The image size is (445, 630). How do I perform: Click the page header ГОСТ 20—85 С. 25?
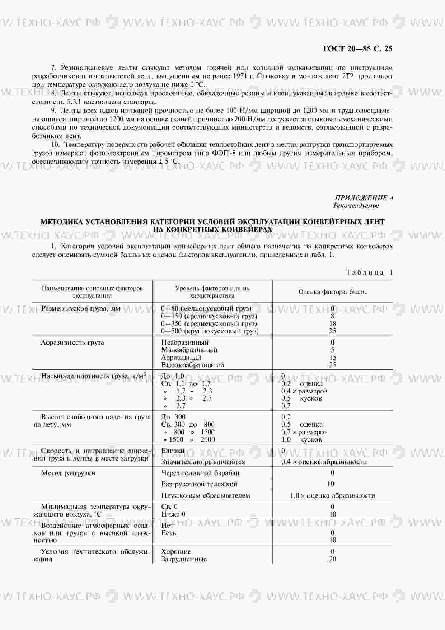[357, 49]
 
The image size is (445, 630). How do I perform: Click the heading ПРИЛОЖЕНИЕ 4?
[364, 198]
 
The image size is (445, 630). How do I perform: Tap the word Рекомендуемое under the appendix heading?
[356, 206]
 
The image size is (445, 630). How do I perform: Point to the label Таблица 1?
[369, 272]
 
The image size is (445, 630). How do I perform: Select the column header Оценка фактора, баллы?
[332, 292]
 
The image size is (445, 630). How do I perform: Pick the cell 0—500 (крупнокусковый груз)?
[210, 331]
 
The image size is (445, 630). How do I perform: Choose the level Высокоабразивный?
[192, 365]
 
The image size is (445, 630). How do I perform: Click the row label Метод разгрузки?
[68, 473]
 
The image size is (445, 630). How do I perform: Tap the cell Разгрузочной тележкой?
[199, 484]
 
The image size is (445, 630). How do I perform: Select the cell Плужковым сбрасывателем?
[205, 495]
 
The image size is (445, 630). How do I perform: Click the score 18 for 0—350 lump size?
[332, 323]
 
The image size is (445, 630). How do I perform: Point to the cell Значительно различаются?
[203, 462]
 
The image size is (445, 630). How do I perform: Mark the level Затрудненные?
[184, 559]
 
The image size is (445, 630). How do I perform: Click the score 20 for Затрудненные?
[332, 559]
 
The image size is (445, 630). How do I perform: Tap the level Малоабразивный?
[189, 350]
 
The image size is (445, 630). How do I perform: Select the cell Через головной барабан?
[200, 473]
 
